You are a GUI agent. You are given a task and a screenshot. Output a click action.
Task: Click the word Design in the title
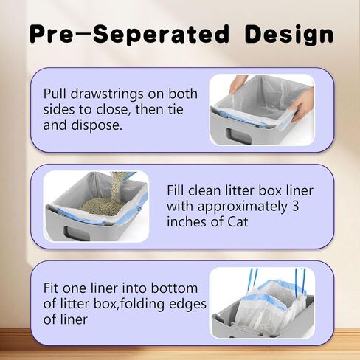(x=288, y=35)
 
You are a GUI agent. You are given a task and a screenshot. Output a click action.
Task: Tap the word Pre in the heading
(x=52, y=34)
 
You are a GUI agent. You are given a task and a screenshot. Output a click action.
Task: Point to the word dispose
(x=97, y=125)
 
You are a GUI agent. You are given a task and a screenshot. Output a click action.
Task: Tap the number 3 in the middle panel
(x=295, y=206)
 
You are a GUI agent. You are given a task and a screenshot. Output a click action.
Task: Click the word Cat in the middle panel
(x=238, y=222)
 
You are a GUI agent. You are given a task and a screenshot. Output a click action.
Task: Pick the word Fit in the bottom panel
(x=51, y=288)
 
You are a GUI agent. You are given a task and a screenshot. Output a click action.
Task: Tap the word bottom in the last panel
(x=174, y=288)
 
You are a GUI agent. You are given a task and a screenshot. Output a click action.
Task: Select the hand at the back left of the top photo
(x=238, y=84)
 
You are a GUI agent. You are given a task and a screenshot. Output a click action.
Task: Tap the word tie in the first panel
(x=175, y=109)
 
